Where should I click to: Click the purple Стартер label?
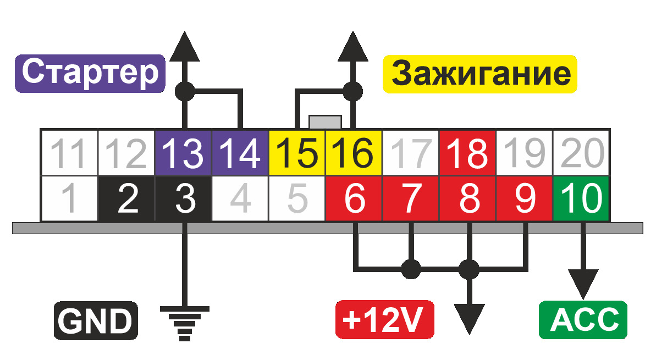click(x=90, y=73)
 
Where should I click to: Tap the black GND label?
click(x=95, y=320)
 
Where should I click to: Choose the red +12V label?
click(x=384, y=320)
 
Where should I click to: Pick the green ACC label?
click(x=582, y=320)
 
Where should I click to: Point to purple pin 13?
click(x=184, y=152)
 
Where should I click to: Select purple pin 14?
click(x=241, y=152)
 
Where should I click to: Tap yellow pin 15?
click(x=297, y=152)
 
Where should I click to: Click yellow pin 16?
click(x=354, y=152)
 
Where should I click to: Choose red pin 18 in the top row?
click(x=468, y=152)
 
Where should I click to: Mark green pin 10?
click(x=582, y=198)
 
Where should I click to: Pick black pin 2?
click(x=127, y=198)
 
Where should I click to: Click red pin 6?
click(x=354, y=198)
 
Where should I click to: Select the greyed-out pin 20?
click(x=582, y=152)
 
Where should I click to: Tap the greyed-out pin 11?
click(x=69, y=152)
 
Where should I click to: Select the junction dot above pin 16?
click(x=352, y=90)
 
